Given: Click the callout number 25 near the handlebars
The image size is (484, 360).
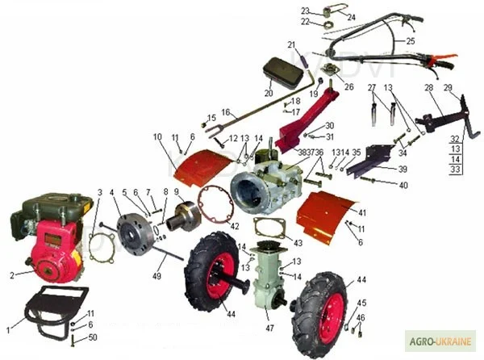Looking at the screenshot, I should click(x=411, y=40).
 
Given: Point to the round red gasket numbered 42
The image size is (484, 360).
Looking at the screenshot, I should click(x=215, y=206).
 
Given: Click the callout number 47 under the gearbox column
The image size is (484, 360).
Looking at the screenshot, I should click(x=269, y=329).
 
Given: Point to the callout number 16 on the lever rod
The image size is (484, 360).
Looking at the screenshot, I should click(x=227, y=112).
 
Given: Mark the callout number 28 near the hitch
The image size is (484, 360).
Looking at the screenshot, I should click(x=428, y=87).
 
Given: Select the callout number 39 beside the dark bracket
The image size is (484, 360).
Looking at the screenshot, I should click(x=403, y=170).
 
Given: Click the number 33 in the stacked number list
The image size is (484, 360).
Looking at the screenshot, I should click(x=455, y=170).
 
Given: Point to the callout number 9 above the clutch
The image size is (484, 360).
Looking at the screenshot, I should click(x=177, y=191).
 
